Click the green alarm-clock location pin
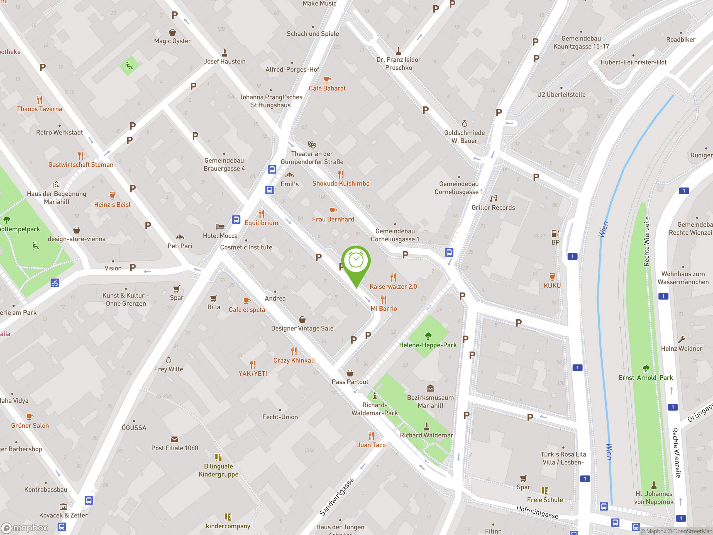356,261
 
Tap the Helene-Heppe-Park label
428,345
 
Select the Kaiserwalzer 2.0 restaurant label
393,286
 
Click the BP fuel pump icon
555,233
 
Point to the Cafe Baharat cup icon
327,79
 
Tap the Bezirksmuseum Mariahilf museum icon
430,388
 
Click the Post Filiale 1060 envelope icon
174,439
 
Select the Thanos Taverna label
40,109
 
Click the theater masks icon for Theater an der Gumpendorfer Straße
312,144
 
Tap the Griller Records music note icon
493,199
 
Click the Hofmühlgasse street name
537,512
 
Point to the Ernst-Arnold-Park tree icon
646,369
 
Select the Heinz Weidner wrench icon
682,340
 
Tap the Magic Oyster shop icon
172,32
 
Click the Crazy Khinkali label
294,361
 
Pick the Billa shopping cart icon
214,298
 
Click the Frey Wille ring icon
168,360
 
